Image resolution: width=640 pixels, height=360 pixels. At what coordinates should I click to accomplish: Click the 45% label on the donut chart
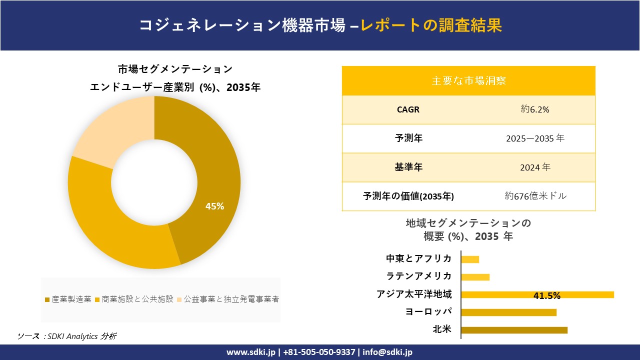coord(214,206)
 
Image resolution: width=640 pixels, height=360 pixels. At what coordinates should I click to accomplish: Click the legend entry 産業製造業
coord(68,299)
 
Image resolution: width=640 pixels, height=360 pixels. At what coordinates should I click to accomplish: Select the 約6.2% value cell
coord(534,109)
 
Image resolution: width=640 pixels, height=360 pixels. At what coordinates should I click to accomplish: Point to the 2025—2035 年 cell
coord(534,138)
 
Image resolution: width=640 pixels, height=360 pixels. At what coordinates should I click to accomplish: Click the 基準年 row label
coord(408,167)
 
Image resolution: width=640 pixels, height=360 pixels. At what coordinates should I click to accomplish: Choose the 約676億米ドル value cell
coord(535,196)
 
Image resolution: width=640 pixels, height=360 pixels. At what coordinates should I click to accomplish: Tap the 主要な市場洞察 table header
coord(468,80)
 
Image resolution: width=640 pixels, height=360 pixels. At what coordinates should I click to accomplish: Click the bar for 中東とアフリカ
coord(470,259)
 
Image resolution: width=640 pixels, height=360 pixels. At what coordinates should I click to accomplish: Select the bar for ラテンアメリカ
coord(475,277)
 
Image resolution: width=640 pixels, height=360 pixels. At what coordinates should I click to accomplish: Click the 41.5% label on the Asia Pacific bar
coord(547,295)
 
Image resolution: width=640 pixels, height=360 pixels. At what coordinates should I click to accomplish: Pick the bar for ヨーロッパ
coord(508,312)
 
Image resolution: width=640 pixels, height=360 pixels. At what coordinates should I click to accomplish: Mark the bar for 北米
coord(514,330)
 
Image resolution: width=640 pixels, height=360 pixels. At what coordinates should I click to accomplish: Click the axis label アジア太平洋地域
coord(414,294)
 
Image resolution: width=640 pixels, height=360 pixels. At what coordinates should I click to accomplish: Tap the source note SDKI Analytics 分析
coord(67,336)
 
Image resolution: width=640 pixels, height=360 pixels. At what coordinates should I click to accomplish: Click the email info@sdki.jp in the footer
coord(387,352)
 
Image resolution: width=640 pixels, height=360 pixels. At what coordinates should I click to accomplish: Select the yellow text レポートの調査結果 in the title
coord(431,25)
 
